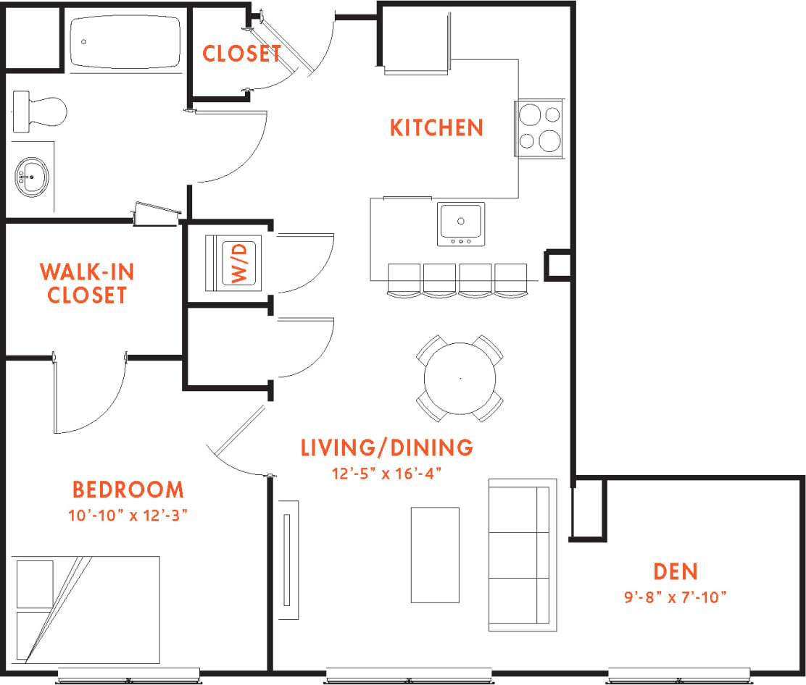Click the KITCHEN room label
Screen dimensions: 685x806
(436, 128)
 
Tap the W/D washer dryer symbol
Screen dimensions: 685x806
(243, 263)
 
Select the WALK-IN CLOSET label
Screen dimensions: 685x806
(86, 283)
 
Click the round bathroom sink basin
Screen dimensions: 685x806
(31, 177)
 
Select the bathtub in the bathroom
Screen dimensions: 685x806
(126, 43)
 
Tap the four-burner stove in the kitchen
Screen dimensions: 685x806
(540, 127)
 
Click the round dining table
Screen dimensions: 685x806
(460, 378)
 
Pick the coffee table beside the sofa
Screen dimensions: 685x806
(435, 555)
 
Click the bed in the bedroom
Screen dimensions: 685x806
(86, 610)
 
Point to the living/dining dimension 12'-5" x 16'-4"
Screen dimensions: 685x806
(386, 473)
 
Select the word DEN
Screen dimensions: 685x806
(675, 571)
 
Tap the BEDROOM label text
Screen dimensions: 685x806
(128, 490)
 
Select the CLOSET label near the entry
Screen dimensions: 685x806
(241, 54)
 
